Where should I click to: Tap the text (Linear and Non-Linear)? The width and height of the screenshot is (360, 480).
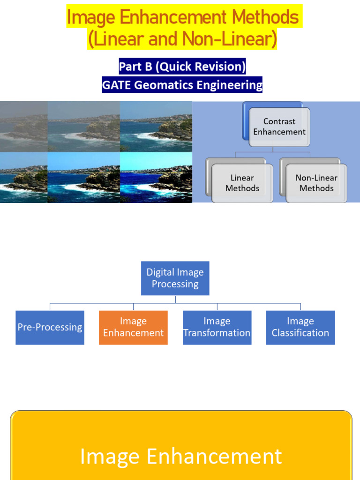coord(182,40)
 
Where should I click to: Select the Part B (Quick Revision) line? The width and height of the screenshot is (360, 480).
coord(182,67)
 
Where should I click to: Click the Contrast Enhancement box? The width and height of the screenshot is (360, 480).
coord(279,127)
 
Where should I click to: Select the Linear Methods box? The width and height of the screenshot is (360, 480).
coord(242,183)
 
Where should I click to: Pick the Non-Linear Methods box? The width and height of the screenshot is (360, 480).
coord(316,183)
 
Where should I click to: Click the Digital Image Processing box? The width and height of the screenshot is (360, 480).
coord(175,278)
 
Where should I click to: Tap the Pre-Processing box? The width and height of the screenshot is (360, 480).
coord(50,327)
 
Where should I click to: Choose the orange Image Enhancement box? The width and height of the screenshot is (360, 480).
coord(133,327)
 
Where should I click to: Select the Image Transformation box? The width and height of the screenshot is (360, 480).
coord(217,327)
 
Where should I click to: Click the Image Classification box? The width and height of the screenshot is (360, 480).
coord(300,327)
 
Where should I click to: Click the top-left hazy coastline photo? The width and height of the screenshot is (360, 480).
coord(23,126)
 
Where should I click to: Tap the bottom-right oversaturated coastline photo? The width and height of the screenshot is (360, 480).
coord(156,177)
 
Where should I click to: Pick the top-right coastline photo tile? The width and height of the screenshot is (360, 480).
coord(156,126)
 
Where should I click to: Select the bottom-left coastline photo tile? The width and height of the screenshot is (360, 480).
coord(23,177)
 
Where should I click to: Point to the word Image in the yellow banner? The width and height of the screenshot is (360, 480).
coord(110,457)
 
